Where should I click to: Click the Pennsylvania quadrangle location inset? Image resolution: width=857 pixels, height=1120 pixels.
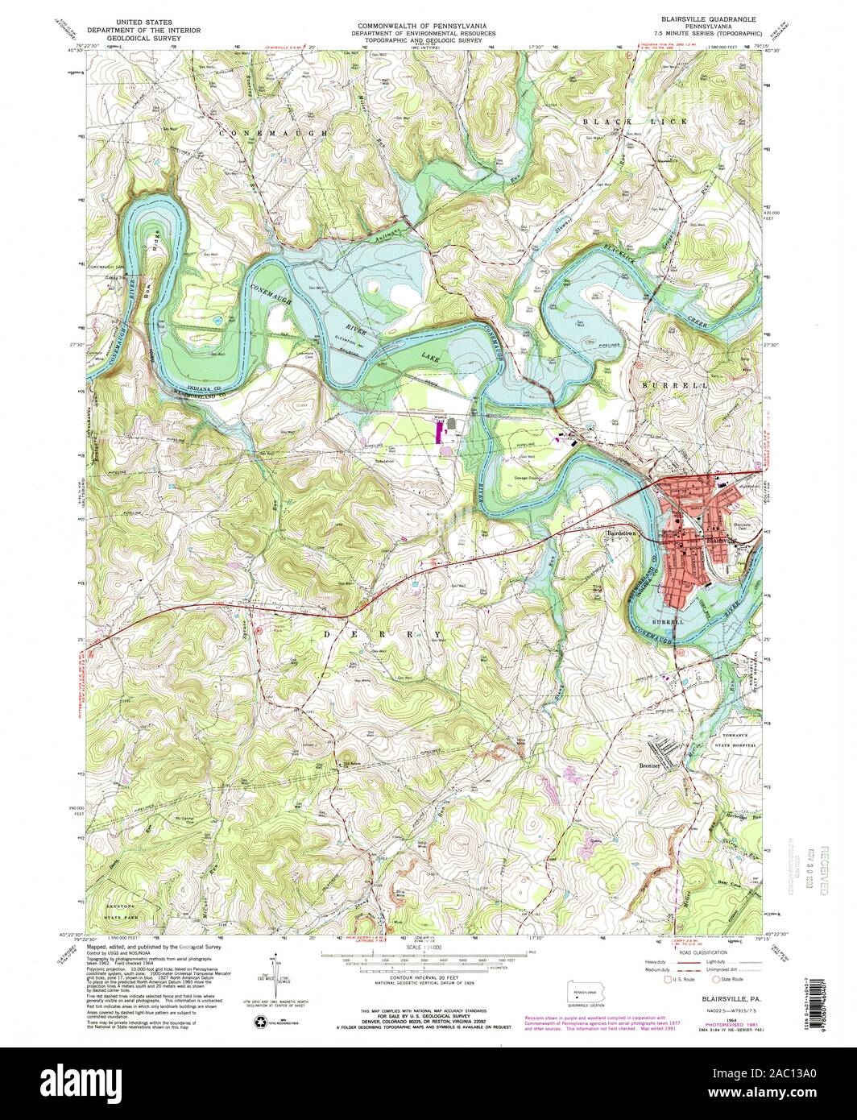point(588,989)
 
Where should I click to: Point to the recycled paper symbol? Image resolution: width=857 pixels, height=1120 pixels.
point(260,1022)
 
